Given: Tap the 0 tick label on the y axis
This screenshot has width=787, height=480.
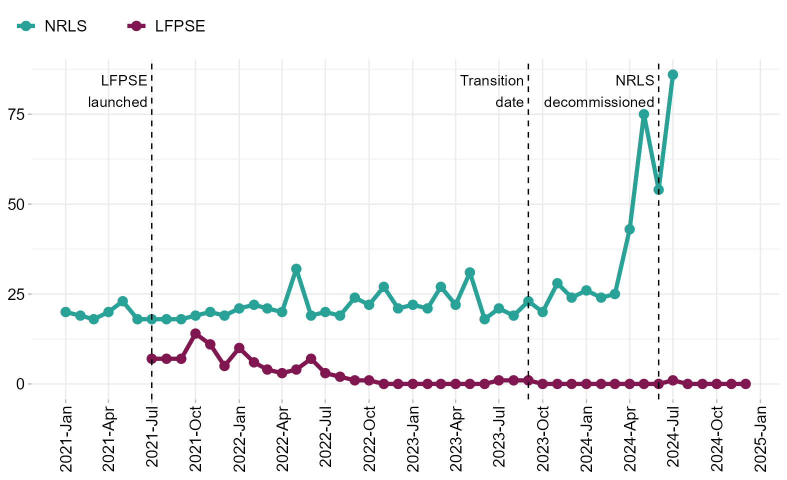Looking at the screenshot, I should click(x=20, y=384).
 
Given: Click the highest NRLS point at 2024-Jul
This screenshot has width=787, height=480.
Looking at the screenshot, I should click(x=673, y=75).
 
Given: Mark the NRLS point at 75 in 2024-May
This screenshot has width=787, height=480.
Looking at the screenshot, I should click(x=644, y=114).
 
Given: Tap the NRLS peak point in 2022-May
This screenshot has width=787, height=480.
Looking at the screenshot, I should click(x=296, y=269).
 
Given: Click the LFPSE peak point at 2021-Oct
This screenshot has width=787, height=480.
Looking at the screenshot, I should click(x=195, y=333).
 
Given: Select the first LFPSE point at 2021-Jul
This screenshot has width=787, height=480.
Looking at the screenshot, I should click(x=152, y=358).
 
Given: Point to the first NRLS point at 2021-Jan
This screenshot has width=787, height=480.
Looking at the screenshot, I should click(x=65, y=312).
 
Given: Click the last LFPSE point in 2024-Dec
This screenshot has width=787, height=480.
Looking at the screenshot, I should click(x=745, y=384).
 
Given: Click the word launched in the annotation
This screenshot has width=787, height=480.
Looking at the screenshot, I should click(x=118, y=102).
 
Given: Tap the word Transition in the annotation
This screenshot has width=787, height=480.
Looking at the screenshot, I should click(x=492, y=80).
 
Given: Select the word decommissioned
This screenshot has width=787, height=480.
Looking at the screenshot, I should click(x=599, y=102).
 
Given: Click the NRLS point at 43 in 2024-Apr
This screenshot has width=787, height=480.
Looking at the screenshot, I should click(x=629, y=229).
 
